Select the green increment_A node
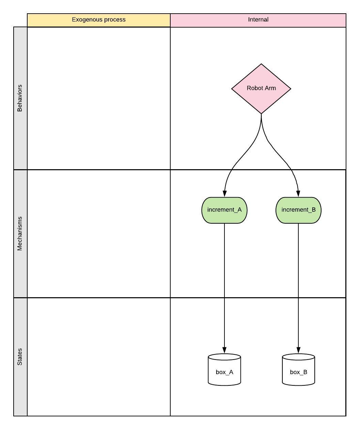(224, 210)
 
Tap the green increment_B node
(298, 210)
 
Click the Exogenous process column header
(99, 20)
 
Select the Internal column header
(258, 20)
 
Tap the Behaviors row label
(20, 98)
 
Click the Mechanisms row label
(20, 234)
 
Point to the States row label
(20, 357)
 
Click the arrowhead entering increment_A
(224, 194)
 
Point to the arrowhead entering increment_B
(298, 194)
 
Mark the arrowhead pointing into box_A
(224, 350)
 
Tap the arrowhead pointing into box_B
(298, 350)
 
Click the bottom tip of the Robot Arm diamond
(261, 113)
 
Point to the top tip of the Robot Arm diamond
(261, 64)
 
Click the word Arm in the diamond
(271, 88)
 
